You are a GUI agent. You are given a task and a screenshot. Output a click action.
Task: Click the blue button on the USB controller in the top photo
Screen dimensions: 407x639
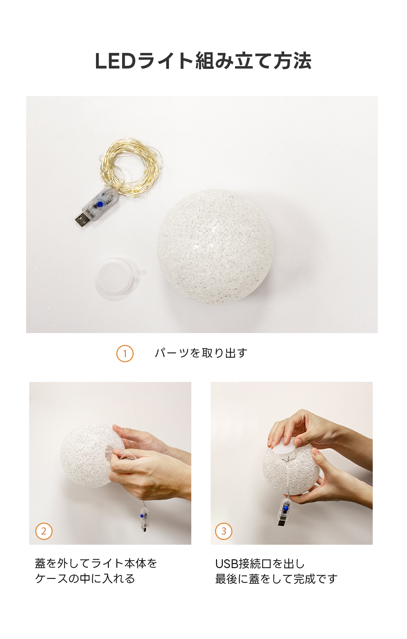pyautogui.click(x=100, y=205)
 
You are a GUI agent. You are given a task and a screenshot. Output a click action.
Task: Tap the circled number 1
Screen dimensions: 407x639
pyautogui.click(x=125, y=353)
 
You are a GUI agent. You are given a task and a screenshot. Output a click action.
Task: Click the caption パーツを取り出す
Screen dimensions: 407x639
pyautogui.click(x=201, y=353)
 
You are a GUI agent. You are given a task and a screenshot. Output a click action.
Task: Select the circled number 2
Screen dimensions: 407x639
pyautogui.click(x=44, y=531)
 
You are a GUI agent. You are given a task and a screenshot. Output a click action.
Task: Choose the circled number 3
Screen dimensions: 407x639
pyautogui.click(x=224, y=531)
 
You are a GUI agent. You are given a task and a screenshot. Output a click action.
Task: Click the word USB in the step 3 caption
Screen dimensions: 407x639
pyautogui.click(x=227, y=564)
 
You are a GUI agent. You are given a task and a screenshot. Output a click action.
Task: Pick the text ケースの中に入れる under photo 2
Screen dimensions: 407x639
pyautogui.click(x=85, y=578)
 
